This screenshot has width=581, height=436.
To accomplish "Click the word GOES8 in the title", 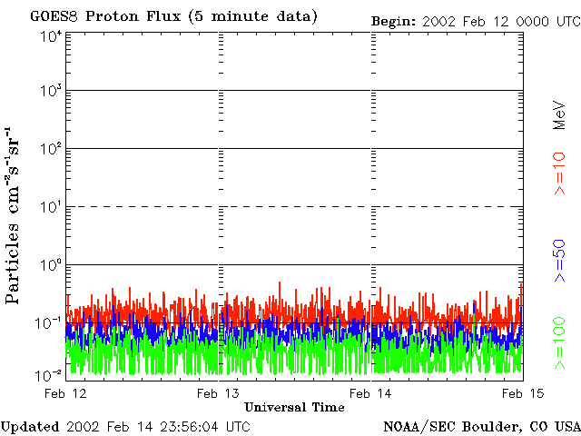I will tap(52, 16).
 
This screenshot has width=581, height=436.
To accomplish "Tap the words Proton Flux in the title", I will tap(128, 16).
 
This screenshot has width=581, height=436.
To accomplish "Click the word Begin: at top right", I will tap(393, 20).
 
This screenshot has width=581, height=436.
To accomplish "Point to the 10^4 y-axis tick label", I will tap(51, 36).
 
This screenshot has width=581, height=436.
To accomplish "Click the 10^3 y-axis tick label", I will tap(51, 92).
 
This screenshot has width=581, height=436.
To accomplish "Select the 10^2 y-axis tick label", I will tap(51, 150).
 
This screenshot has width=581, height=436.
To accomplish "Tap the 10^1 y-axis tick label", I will tap(51, 207).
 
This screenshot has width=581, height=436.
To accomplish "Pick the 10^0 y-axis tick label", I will tap(51, 265).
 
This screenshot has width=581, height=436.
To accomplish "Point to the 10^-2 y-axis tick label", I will tap(50, 375).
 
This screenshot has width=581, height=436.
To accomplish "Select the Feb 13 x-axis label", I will tap(219, 393).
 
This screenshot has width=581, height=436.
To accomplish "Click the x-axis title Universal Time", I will tap(294, 407).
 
